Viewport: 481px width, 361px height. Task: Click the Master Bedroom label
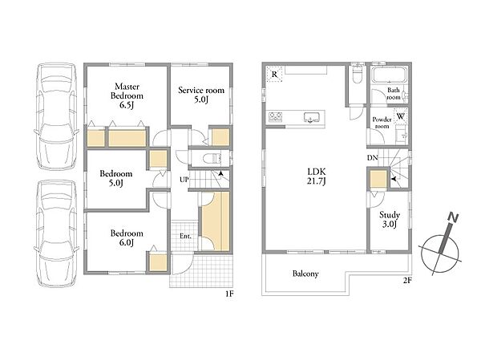[127, 91]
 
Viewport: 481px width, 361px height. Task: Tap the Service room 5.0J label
[201, 95]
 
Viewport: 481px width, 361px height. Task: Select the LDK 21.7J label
[317, 176]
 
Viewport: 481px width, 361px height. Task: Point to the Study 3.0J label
[390, 219]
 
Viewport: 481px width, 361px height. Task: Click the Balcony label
[305, 274]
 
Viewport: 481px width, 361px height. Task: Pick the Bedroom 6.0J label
[127, 238]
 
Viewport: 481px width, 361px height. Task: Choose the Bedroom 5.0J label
[116, 178]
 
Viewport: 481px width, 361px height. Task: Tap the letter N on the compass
[453, 217]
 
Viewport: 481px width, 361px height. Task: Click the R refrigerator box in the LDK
[274, 75]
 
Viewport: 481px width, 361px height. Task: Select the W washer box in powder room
[401, 116]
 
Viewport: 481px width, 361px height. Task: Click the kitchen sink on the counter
[312, 118]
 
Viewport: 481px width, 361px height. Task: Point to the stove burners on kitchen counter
[276, 116]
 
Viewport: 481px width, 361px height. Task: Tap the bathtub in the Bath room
[390, 75]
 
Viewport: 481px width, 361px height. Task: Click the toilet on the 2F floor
[357, 75]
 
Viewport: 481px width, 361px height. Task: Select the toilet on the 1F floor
[212, 159]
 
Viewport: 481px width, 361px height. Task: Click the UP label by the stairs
[184, 180]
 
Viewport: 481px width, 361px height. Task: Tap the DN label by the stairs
[373, 158]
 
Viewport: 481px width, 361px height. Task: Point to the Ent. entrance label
[185, 237]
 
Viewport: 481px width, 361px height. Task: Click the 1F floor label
[229, 294]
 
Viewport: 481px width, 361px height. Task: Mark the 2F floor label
[406, 280]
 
